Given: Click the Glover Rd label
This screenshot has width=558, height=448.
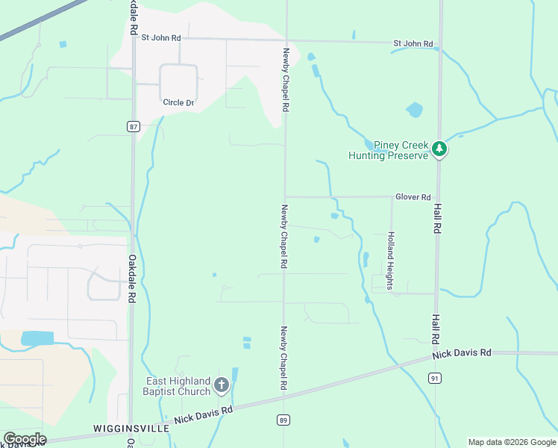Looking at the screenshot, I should (415, 197).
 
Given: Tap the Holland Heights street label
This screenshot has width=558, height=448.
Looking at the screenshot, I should (389, 255).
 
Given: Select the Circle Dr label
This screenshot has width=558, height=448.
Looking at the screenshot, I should (179, 102).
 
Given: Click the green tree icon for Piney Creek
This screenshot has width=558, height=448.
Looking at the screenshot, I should (440, 149).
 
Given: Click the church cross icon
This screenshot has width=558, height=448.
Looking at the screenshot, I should (221, 385).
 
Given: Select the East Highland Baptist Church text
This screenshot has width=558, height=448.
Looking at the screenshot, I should (178, 386).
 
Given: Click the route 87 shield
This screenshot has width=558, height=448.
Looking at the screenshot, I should (134, 127).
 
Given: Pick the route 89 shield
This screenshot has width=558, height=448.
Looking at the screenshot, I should (283, 420).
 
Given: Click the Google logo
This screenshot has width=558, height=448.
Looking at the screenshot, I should (25, 438).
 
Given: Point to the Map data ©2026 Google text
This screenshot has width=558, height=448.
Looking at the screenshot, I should (511, 442).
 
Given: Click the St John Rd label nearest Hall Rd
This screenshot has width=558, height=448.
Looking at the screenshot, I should (413, 44).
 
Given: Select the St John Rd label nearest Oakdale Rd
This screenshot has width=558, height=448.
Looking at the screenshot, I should (161, 37).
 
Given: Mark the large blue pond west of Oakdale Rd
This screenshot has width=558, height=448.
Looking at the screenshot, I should (37, 338).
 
